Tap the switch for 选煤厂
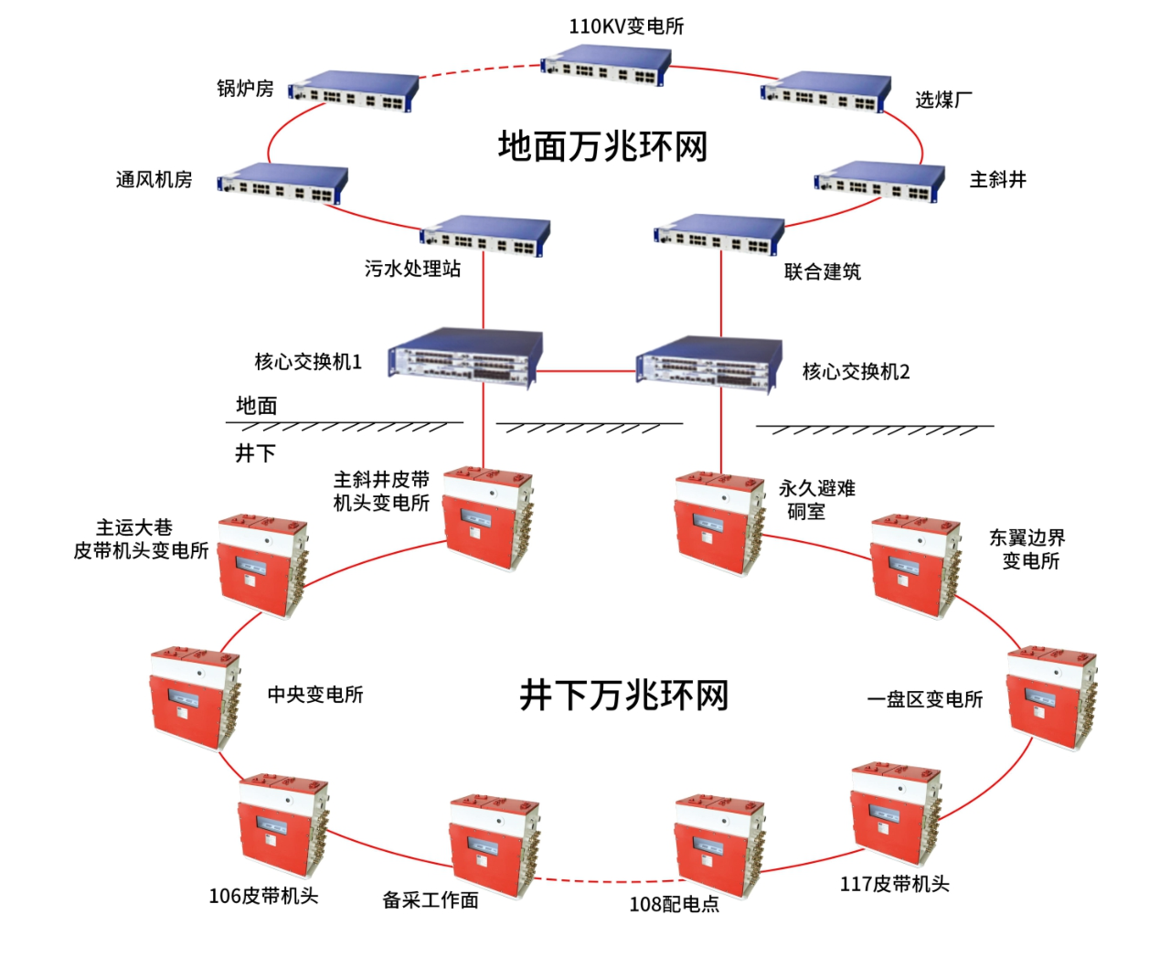pyautogui.click(x=825, y=92)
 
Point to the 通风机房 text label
pyautogui.click(x=154, y=180)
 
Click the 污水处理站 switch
pyautogui.click(x=484, y=236)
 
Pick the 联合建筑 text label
pyautogui.click(x=822, y=271)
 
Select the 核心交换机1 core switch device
pyautogui.click(x=464, y=358)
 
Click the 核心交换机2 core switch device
pyautogui.click(x=709, y=364)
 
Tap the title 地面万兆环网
pyautogui.click(x=602, y=146)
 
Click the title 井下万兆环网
pyautogui.click(x=623, y=696)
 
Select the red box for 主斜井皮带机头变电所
pyautogui.click(x=486, y=517)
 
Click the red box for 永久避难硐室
pyautogui.click(x=718, y=522)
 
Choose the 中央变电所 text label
pyautogui.click(x=315, y=695)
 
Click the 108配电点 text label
pyautogui.click(x=675, y=904)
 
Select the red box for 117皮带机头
pyautogui.click(x=895, y=813)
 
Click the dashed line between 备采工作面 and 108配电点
pyautogui.click(x=603, y=882)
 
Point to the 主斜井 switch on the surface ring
pyautogui.click(x=879, y=183)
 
